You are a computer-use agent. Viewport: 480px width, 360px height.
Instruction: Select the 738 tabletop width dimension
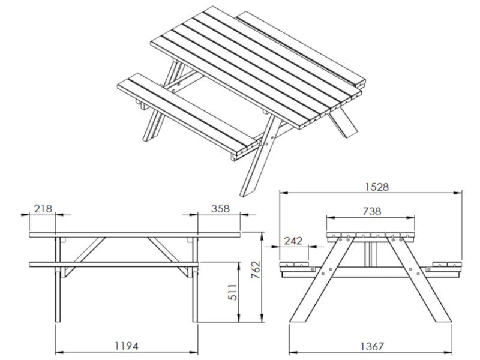[x=371, y=211]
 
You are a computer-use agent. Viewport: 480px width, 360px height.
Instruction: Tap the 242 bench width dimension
[x=293, y=241]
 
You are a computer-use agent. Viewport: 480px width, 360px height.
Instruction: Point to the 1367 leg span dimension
[x=372, y=346]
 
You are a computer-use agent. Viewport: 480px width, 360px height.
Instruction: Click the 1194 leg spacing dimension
[x=128, y=346]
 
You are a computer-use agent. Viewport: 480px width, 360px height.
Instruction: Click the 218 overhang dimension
[x=43, y=208]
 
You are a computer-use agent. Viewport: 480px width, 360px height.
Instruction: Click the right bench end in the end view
[x=448, y=266]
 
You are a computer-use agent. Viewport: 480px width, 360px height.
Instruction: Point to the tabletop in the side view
[x=135, y=234]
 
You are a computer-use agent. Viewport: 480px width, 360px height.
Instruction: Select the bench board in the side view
[x=114, y=264]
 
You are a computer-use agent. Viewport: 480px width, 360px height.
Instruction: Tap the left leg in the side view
[x=58, y=282]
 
